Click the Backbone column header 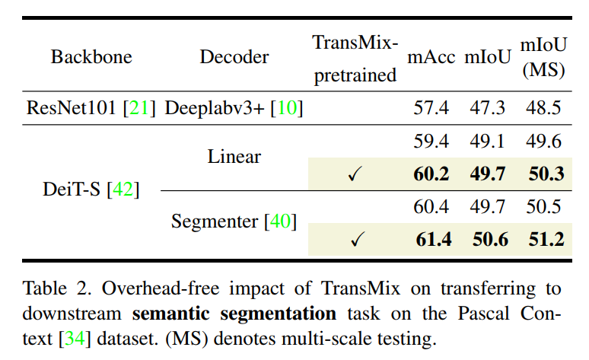[91, 57]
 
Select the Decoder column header [234, 57]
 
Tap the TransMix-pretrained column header [355, 58]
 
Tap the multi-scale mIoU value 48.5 [543, 107]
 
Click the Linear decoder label [234, 157]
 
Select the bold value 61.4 [432, 240]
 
